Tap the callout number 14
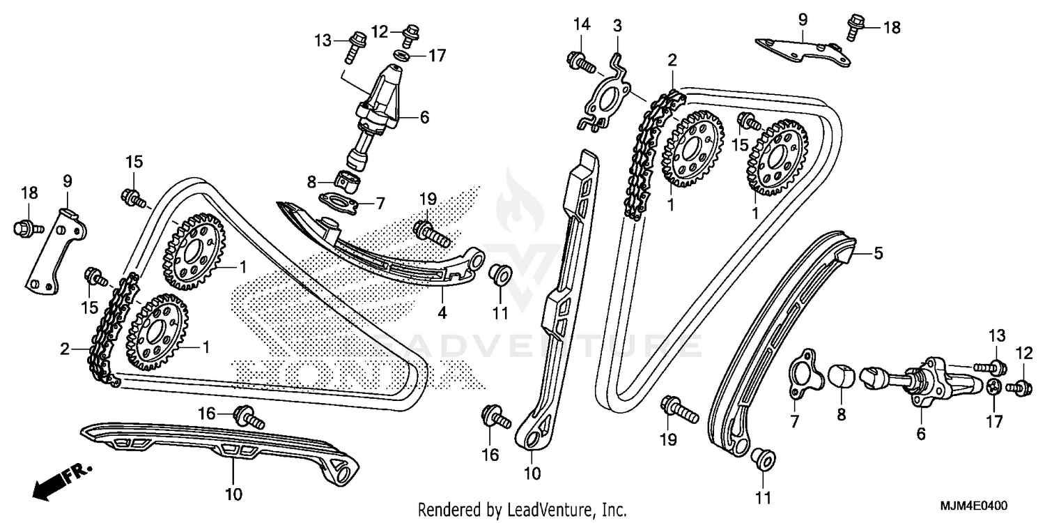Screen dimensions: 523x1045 582,25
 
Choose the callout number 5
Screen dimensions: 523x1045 878,254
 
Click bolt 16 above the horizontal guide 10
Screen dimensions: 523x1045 250,417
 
